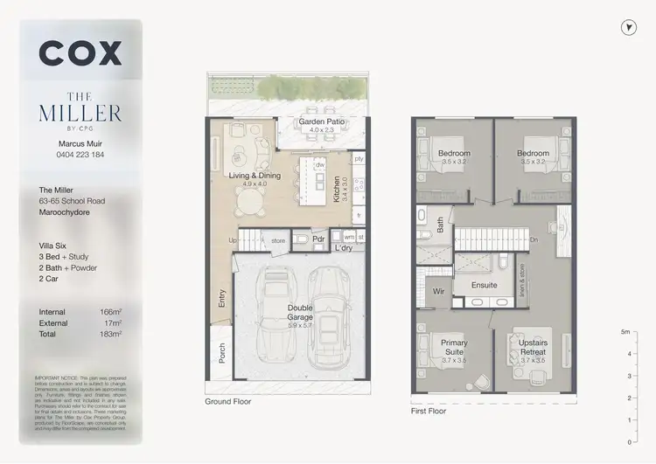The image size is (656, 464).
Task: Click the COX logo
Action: point(80,53)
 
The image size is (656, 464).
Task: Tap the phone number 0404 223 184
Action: point(80,155)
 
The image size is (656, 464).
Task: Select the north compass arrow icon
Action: point(628,28)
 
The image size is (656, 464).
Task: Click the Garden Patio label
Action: point(322,121)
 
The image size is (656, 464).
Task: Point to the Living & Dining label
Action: point(255,177)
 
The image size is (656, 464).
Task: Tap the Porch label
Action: point(220,352)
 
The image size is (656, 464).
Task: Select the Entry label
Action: point(220,299)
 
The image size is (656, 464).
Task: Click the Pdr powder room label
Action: point(319,239)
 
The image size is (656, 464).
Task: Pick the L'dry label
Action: point(344,248)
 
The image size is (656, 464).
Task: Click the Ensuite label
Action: point(484,285)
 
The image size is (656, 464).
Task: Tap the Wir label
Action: point(439,293)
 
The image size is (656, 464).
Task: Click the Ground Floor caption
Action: point(229,403)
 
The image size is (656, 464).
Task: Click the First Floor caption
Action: point(429,410)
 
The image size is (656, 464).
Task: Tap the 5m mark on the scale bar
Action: point(625,332)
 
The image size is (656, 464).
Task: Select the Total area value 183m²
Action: point(109,334)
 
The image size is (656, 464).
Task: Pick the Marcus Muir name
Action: point(80,143)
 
